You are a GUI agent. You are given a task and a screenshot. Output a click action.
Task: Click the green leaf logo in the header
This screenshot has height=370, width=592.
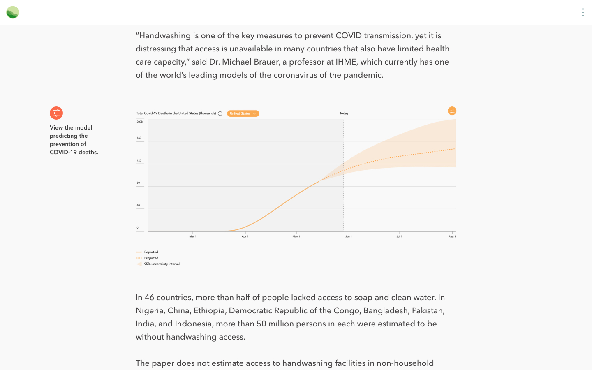[13, 12]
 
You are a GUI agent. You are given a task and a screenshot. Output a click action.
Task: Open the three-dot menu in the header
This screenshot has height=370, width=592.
[583, 12]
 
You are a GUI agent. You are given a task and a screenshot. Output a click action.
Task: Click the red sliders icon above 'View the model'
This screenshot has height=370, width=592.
[56, 113]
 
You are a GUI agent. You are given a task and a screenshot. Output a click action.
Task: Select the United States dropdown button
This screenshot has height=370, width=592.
[243, 113]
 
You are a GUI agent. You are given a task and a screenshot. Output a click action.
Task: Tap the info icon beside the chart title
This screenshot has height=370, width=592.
[220, 113]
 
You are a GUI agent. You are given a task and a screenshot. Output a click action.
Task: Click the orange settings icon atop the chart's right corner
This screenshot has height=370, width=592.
[452, 111]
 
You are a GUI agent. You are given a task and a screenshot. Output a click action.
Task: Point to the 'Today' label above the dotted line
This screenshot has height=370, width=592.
[344, 113]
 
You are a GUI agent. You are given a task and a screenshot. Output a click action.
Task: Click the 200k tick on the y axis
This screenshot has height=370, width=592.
[140, 122]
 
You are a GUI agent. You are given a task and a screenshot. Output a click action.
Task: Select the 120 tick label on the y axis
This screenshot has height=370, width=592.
[139, 160]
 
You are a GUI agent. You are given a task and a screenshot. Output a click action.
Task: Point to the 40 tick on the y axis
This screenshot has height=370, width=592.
[138, 205]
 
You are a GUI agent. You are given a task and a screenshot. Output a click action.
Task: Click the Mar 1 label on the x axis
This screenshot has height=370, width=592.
[193, 236]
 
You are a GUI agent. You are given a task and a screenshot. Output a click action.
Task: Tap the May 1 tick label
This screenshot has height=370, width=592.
[296, 236]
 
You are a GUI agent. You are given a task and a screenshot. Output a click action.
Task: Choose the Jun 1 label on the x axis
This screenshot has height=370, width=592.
[348, 236]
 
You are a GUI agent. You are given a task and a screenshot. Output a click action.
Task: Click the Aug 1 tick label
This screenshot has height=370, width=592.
[452, 236]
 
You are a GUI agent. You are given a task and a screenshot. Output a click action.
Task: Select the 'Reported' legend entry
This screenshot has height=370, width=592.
[151, 252]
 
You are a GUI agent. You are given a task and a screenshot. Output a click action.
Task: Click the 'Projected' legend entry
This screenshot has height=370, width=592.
[151, 258]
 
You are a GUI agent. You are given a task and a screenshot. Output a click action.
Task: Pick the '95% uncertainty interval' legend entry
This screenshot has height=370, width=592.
[162, 264]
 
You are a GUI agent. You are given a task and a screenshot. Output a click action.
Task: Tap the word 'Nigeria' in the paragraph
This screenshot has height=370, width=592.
[149, 310]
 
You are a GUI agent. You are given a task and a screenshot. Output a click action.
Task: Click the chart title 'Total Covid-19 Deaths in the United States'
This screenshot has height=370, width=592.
[176, 113]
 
